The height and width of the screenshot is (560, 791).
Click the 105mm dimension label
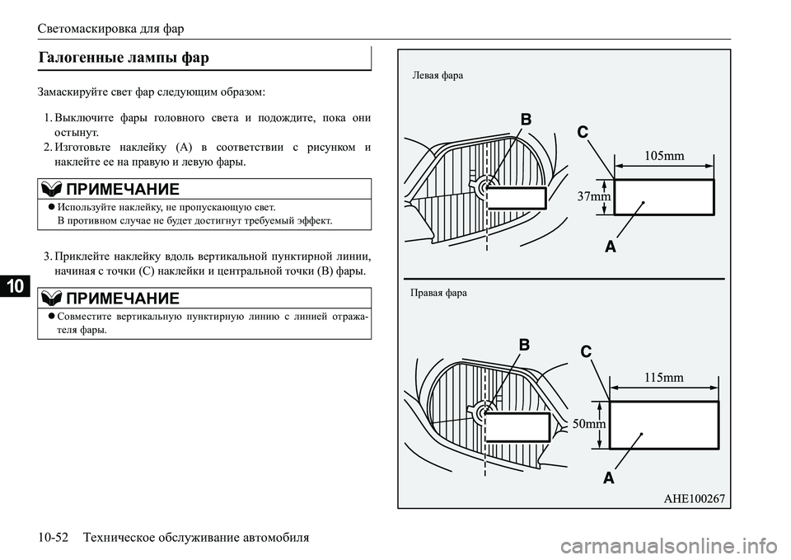coord(664,156)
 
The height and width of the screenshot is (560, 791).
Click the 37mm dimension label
coord(594,196)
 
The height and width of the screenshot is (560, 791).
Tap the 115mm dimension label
coord(664,377)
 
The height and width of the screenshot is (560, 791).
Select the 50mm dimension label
coord(589,424)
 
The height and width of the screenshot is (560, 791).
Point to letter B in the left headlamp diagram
coord(526,120)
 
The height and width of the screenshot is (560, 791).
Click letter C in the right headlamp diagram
coord(586,351)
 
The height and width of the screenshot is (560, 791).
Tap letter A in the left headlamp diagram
coord(611,247)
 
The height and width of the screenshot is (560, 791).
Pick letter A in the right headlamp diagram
coord(609,478)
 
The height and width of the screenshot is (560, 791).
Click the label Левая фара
coord(438,76)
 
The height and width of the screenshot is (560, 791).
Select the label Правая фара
coord(438,293)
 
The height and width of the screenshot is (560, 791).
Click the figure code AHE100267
coord(694,499)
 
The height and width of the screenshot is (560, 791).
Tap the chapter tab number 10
coord(16,286)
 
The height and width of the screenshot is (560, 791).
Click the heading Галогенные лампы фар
coord(124,58)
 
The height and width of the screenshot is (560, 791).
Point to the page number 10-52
coord(53,537)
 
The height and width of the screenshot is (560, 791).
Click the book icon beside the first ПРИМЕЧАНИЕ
coord(51,189)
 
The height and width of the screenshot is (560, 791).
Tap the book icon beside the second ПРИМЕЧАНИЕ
coord(51,298)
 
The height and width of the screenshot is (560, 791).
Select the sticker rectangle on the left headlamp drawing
coord(516,198)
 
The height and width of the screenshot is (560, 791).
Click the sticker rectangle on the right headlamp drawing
coord(517,426)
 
